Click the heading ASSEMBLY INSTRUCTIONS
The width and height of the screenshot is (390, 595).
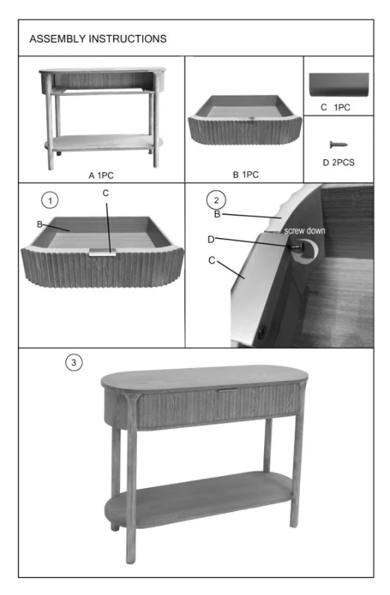pyautogui.click(x=98, y=39)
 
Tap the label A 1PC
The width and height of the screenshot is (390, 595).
pyautogui.click(x=101, y=176)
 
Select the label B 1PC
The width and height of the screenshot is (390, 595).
pyautogui.click(x=246, y=175)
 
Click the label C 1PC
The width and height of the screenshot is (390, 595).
pyautogui.click(x=336, y=107)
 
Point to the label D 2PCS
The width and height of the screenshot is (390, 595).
pyautogui.click(x=339, y=162)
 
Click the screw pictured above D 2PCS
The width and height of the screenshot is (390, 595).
pyautogui.click(x=339, y=144)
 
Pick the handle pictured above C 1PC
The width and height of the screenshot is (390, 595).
pyautogui.click(x=339, y=84)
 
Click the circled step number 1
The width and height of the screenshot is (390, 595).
pyautogui.click(x=50, y=200)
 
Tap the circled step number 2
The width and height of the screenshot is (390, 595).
pyautogui.click(x=216, y=200)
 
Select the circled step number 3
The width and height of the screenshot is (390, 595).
pyautogui.click(x=74, y=362)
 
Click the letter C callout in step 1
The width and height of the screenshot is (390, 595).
pyautogui.click(x=106, y=193)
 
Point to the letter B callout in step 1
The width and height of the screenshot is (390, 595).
pyautogui.click(x=39, y=225)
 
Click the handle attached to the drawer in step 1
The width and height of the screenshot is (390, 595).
pyautogui.click(x=103, y=252)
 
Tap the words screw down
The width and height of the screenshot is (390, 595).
pyautogui.click(x=304, y=231)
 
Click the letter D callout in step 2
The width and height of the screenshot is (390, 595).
pyautogui.click(x=211, y=239)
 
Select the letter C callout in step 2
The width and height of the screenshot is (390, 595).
pyautogui.click(x=212, y=260)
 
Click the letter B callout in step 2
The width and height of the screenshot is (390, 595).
pyautogui.click(x=217, y=214)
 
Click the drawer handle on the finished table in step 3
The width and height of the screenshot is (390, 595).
pyautogui.click(x=228, y=390)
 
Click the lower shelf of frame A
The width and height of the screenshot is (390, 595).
pyautogui.click(x=103, y=143)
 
